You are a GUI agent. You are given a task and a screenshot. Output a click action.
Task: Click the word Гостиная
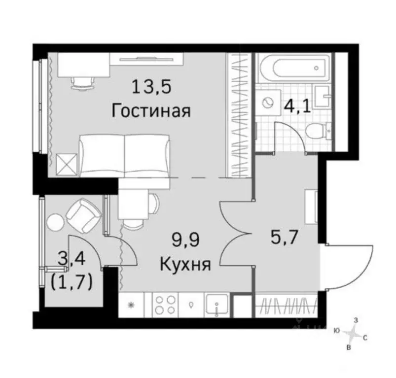(151, 110)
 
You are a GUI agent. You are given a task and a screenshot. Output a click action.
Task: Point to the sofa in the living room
(125, 155)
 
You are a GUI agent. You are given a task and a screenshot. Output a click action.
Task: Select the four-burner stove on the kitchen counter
(166, 304)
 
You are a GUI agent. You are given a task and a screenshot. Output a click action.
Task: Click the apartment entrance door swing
(345, 266)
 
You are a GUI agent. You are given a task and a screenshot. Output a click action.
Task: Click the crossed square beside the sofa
(65, 164)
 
